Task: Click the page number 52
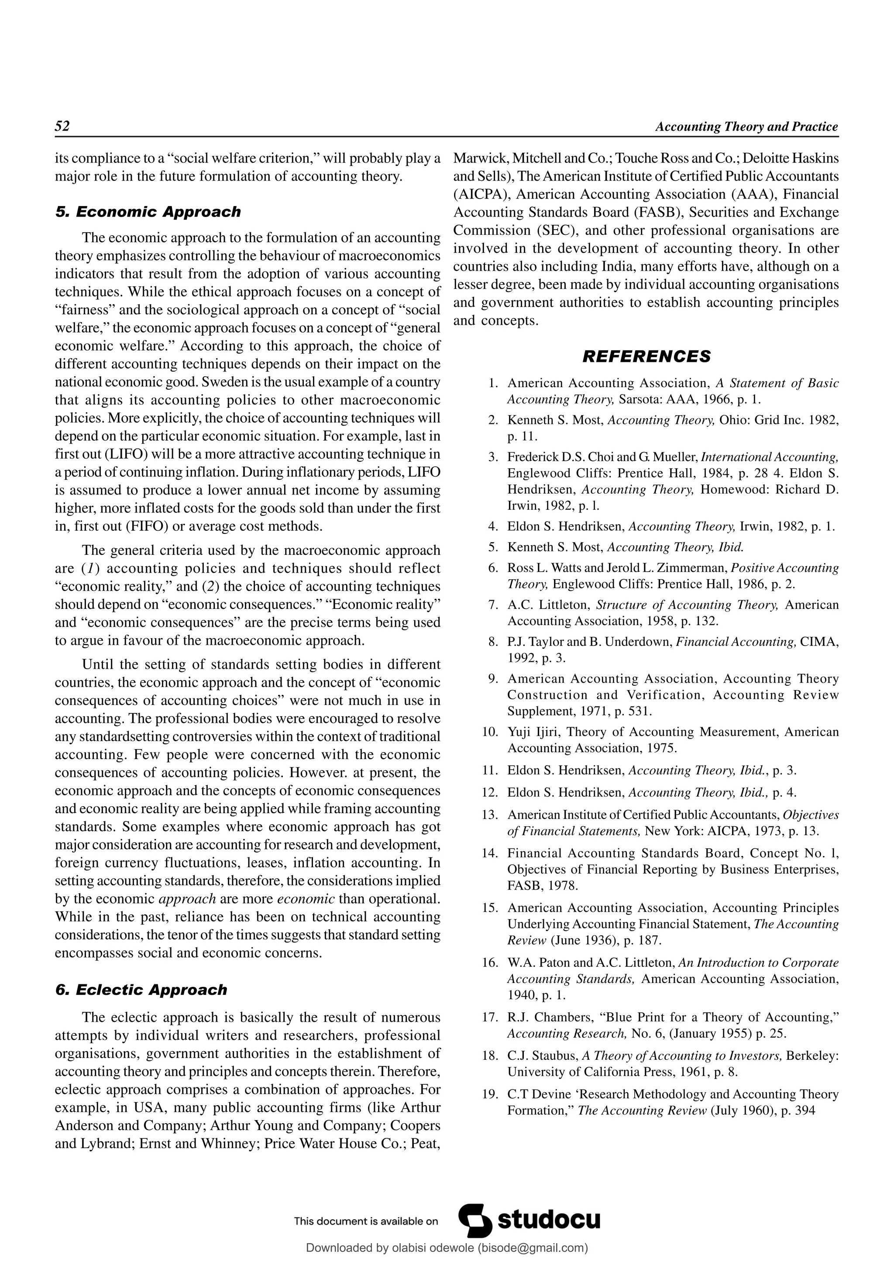62,126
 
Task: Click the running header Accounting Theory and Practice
746,127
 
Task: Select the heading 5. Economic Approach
148,212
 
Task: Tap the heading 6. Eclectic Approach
141,990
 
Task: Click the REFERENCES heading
646,357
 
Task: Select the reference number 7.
493,605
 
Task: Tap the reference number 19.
490,1094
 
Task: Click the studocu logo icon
475,1220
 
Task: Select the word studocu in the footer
549,1220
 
